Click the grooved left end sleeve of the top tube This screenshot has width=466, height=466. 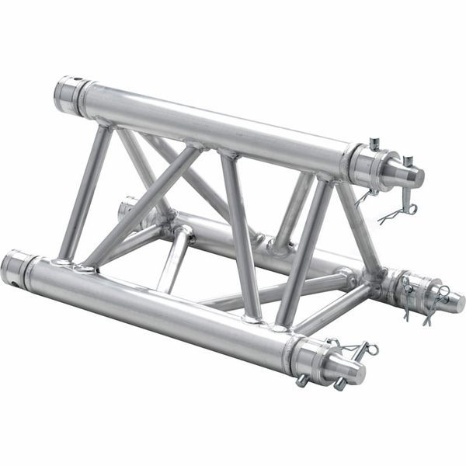click(70, 93)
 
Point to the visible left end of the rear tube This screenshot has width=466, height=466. click(127, 208)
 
